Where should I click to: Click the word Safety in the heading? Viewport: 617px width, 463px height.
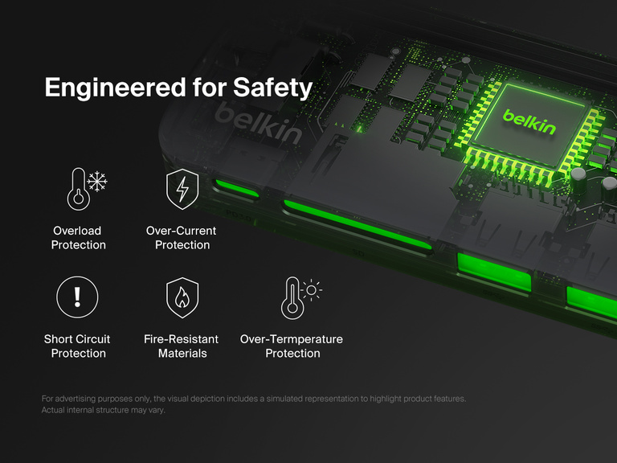pos(272,88)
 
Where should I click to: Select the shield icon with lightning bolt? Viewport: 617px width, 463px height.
pos(182,189)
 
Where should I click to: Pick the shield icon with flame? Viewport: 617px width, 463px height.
pos(182,297)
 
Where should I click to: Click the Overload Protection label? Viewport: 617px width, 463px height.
pos(78,238)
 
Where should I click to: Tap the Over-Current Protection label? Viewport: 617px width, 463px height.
pos(182,238)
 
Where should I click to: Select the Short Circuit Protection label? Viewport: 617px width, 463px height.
pos(77,346)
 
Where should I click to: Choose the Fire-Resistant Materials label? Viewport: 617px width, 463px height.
pos(182,346)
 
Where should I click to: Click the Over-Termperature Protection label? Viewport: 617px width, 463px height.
pos(292,346)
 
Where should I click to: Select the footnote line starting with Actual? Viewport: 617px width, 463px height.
pos(108,410)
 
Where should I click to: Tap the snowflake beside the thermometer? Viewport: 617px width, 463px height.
pos(97,182)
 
